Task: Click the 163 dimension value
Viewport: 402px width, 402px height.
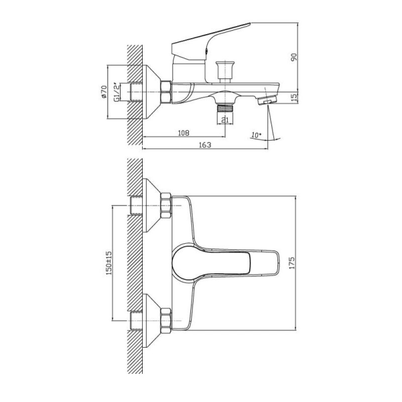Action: (x=205, y=145)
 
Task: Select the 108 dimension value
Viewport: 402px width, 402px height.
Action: (x=183, y=133)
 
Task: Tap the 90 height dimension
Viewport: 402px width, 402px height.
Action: (x=294, y=57)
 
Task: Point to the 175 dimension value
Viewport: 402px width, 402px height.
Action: (x=292, y=263)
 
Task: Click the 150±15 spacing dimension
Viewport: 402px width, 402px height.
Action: (x=109, y=263)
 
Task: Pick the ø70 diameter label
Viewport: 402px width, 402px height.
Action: (x=104, y=92)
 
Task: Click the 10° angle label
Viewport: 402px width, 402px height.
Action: (x=256, y=135)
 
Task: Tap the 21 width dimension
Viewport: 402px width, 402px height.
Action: (x=225, y=120)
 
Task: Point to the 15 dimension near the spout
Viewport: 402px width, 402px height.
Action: (x=294, y=96)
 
